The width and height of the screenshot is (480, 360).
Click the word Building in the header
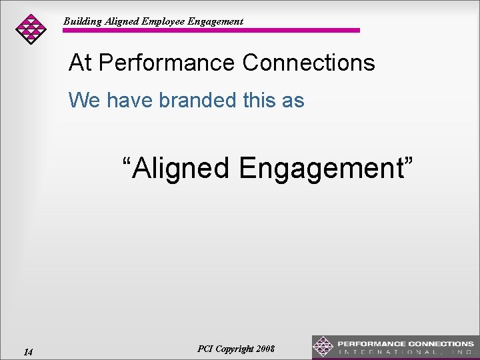pyautogui.click(x=83, y=21)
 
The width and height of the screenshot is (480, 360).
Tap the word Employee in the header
pyautogui.click(x=163, y=21)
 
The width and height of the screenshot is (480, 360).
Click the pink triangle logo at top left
pyautogui.click(x=31, y=28)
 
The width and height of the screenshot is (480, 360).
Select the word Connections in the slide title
pyautogui.click(x=309, y=63)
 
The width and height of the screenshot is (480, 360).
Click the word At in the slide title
pyautogui.click(x=80, y=63)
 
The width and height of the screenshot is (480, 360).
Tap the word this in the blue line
pyautogui.click(x=259, y=100)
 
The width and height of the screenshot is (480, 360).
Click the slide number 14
pyautogui.click(x=28, y=351)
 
